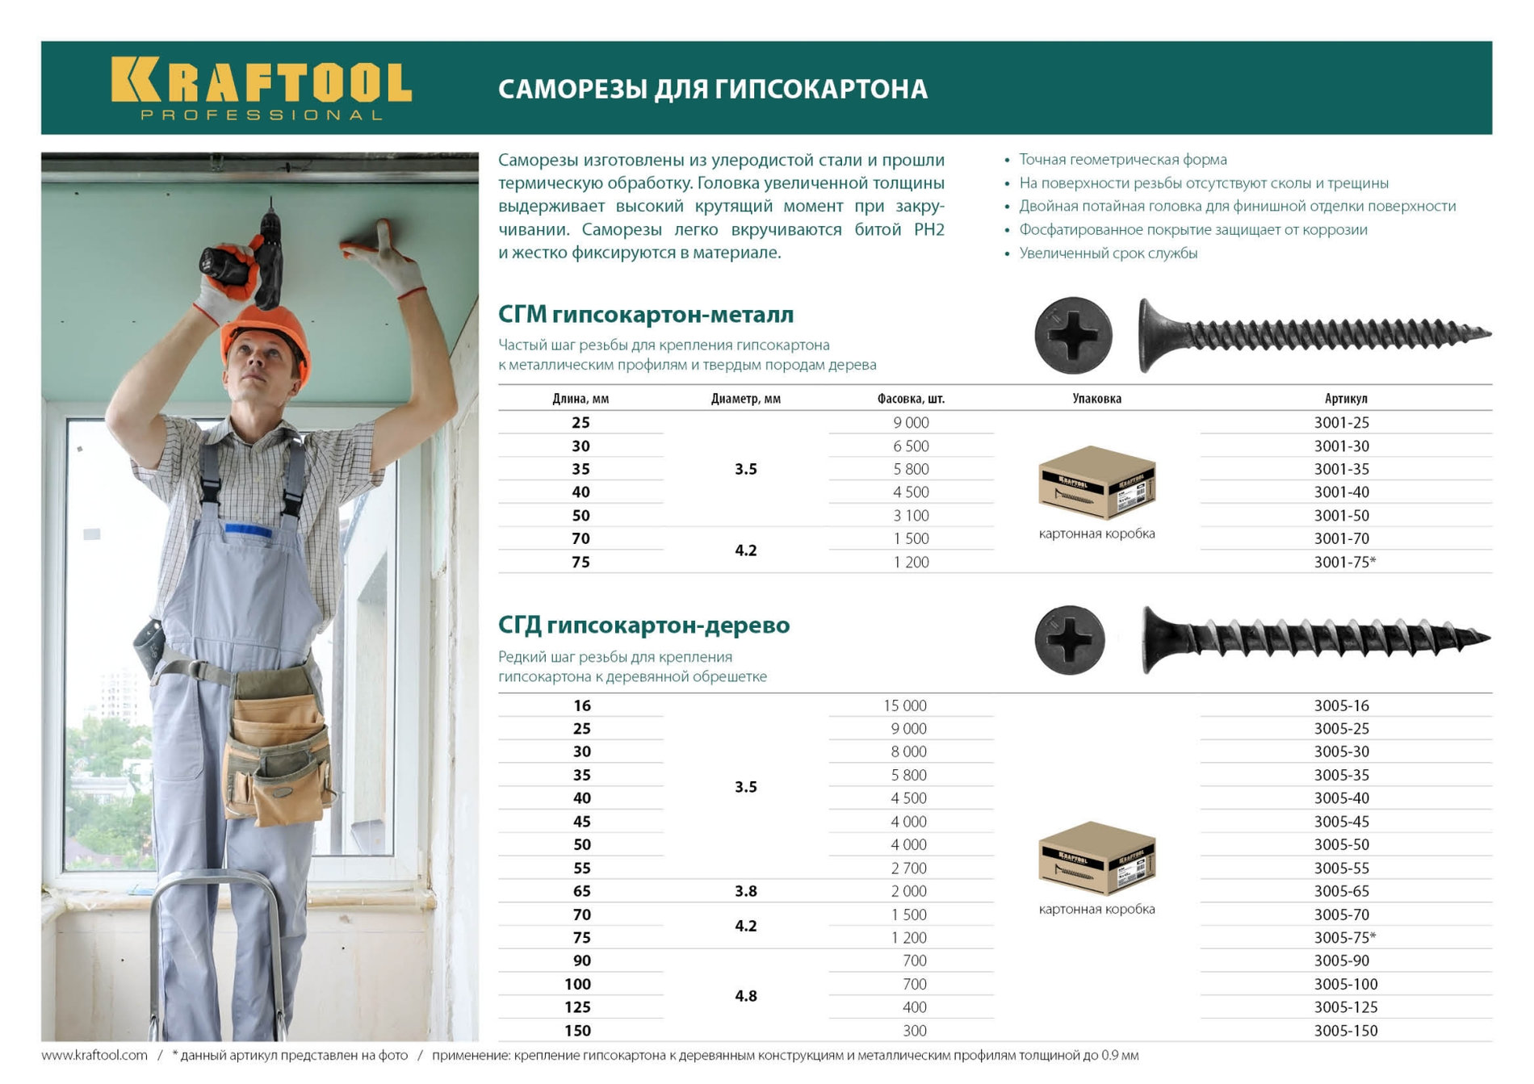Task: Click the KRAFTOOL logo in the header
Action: pyautogui.click(x=261, y=87)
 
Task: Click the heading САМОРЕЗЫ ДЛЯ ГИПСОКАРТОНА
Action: pyautogui.click(x=712, y=89)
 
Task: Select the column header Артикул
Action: pyautogui.click(x=1345, y=399)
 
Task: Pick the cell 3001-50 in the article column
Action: pyautogui.click(x=1341, y=515)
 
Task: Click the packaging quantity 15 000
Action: pyautogui.click(x=904, y=705)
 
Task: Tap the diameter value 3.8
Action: pyautogui.click(x=745, y=891)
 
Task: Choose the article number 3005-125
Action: pyautogui.click(x=1345, y=1007)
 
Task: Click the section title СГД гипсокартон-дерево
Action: pyautogui.click(x=643, y=625)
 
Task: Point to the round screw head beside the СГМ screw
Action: pyautogui.click(x=1073, y=336)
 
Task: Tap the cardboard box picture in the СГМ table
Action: pyautogui.click(x=1096, y=483)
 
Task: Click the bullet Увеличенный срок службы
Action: pyautogui.click(x=1108, y=253)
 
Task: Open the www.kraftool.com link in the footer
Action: pyautogui.click(x=94, y=1055)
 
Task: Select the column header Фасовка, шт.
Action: pyautogui.click(x=911, y=399)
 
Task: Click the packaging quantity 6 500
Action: pyautogui.click(x=911, y=446)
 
